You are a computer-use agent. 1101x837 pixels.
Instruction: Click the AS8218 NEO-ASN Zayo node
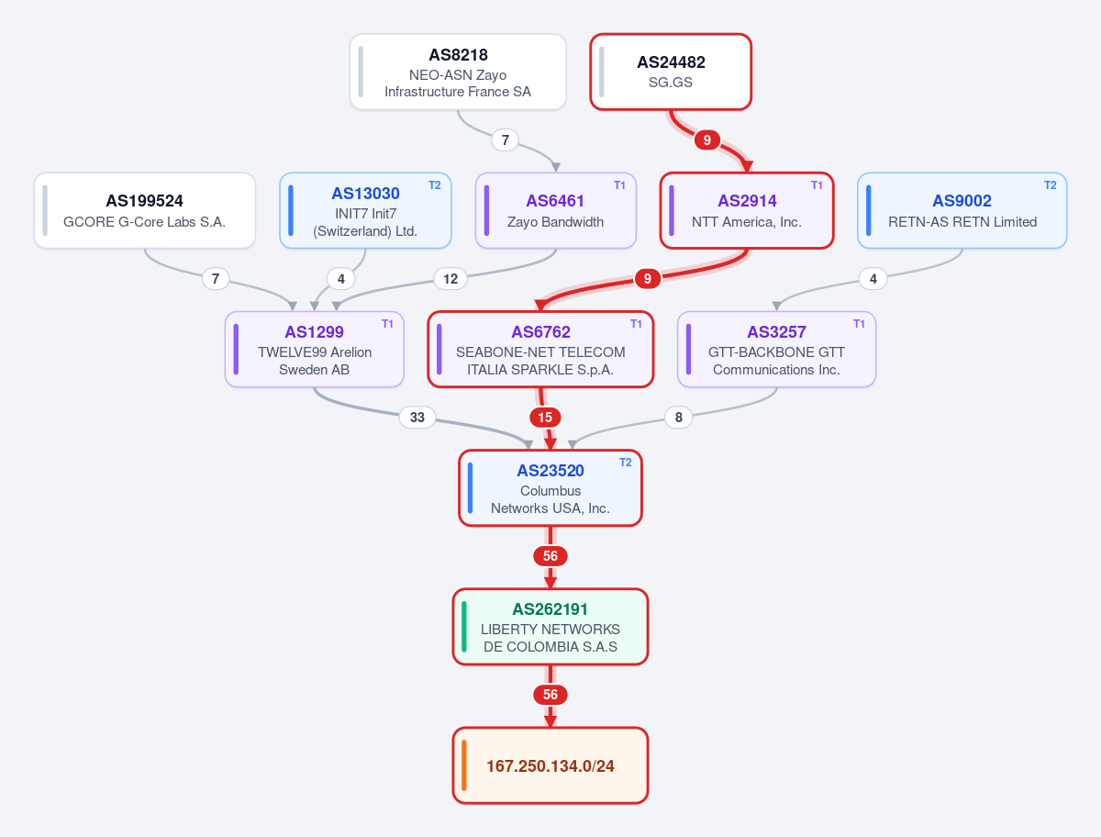coord(458,72)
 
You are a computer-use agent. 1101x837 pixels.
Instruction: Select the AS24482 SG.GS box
coord(671,72)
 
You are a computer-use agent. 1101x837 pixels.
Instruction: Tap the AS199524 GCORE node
coord(144,211)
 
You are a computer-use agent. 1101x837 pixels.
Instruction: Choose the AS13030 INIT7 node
coord(365,211)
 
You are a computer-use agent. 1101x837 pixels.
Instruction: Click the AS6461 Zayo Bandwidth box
coord(556,211)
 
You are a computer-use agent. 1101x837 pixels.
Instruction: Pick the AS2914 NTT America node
coord(747,211)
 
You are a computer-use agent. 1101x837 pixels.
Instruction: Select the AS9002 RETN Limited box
coord(962,211)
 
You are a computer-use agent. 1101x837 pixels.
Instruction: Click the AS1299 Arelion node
coord(315,350)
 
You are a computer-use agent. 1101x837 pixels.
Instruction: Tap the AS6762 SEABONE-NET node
coord(540,350)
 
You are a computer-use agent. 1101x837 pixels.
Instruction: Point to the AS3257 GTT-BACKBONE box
coord(776,350)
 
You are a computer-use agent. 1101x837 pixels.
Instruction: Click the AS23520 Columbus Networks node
coord(550,488)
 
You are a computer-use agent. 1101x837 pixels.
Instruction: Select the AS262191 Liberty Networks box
coord(550,627)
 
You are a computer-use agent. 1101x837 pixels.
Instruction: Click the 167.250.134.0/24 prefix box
coord(550,765)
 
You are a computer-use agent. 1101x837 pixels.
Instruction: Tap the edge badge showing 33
coord(417,418)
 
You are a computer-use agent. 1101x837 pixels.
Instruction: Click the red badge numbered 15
coord(545,418)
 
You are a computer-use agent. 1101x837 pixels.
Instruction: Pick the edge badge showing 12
coord(450,279)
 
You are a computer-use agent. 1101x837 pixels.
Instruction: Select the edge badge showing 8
coord(679,418)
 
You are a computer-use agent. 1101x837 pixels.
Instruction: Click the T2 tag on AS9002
coord(1051,185)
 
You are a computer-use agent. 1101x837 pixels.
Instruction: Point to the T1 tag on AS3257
coord(859,324)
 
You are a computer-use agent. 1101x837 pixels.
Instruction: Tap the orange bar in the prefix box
coord(464,765)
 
